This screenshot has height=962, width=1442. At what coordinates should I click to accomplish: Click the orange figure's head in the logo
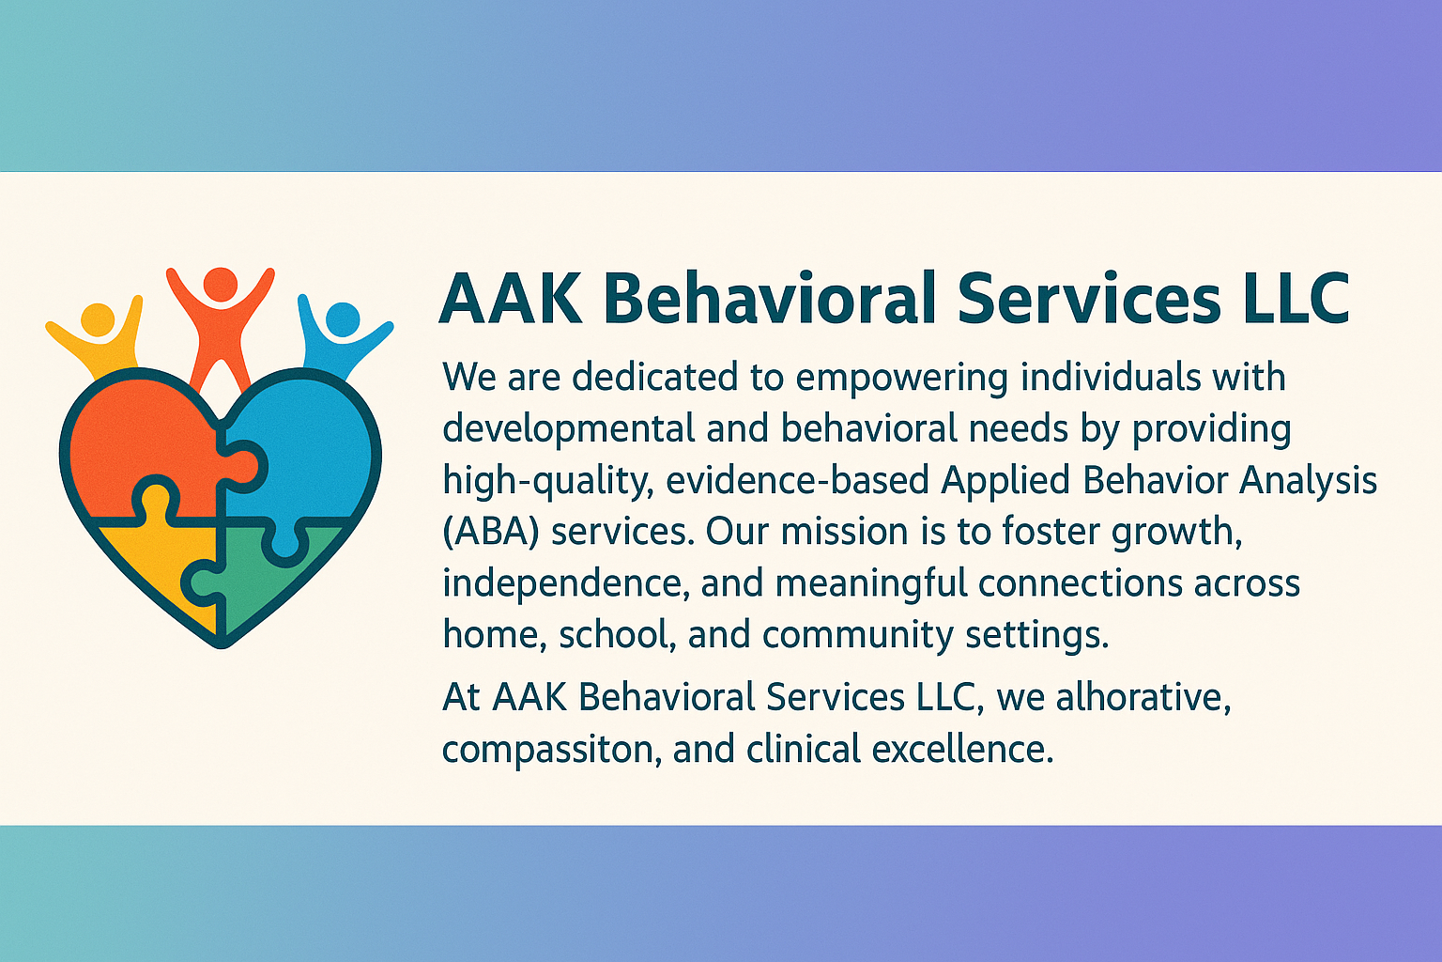pyautogui.click(x=221, y=284)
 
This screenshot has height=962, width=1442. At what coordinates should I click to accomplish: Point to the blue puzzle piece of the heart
pyautogui.click(x=301, y=451)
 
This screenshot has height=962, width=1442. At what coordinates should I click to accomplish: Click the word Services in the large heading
pyautogui.click(x=1089, y=299)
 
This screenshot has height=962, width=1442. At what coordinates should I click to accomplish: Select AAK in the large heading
pyautogui.click(x=511, y=299)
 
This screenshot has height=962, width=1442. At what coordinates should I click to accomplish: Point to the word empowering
pyautogui.click(x=902, y=379)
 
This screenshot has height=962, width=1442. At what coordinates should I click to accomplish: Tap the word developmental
pyautogui.click(x=569, y=430)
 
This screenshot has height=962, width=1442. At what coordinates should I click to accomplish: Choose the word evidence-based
pyautogui.click(x=798, y=481)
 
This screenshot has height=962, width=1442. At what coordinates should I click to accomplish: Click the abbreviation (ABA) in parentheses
pyautogui.click(x=491, y=534)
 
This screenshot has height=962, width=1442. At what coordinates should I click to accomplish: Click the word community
pyautogui.click(x=857, y=635)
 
